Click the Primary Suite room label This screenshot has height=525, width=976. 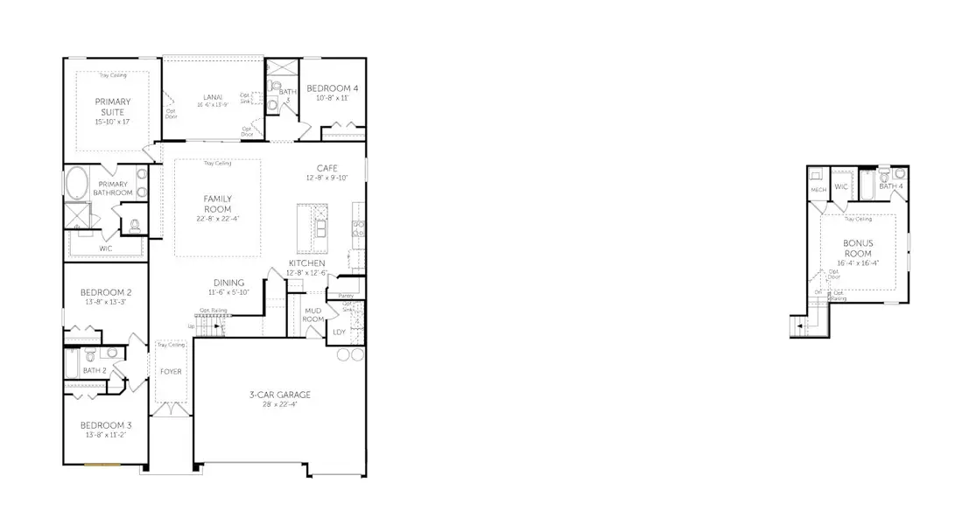[112, 107]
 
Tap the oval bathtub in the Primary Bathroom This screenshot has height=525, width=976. [76, 185]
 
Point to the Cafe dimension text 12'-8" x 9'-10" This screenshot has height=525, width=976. [327, 178]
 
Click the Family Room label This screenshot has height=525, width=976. [217, 204]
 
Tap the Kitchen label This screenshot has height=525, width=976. [306, 262]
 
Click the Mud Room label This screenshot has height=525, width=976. [313, 315]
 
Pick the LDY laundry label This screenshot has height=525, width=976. [340, 332]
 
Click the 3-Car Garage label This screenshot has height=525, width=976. [280, 395]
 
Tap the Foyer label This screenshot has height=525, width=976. [170, 371]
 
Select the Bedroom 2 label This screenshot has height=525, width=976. [106, 292]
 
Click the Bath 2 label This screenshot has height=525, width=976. [95, 370]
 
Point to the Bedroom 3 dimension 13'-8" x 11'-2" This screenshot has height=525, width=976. [105, 435]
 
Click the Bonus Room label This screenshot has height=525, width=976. [857, 248]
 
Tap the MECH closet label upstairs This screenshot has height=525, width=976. [818, 190]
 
